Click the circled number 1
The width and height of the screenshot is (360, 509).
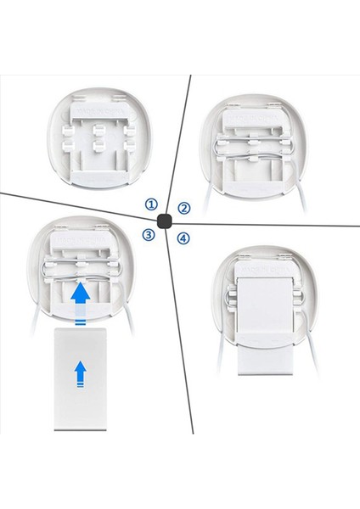[x=151, y=204]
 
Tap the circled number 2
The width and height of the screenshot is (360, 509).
[x=184, y=208]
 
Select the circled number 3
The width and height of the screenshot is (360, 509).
[x=149, y=235]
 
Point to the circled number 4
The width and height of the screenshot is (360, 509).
[x=183, y=238]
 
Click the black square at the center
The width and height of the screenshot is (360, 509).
[x=166, y=220]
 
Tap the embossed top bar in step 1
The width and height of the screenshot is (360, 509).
[x=98, y=109]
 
